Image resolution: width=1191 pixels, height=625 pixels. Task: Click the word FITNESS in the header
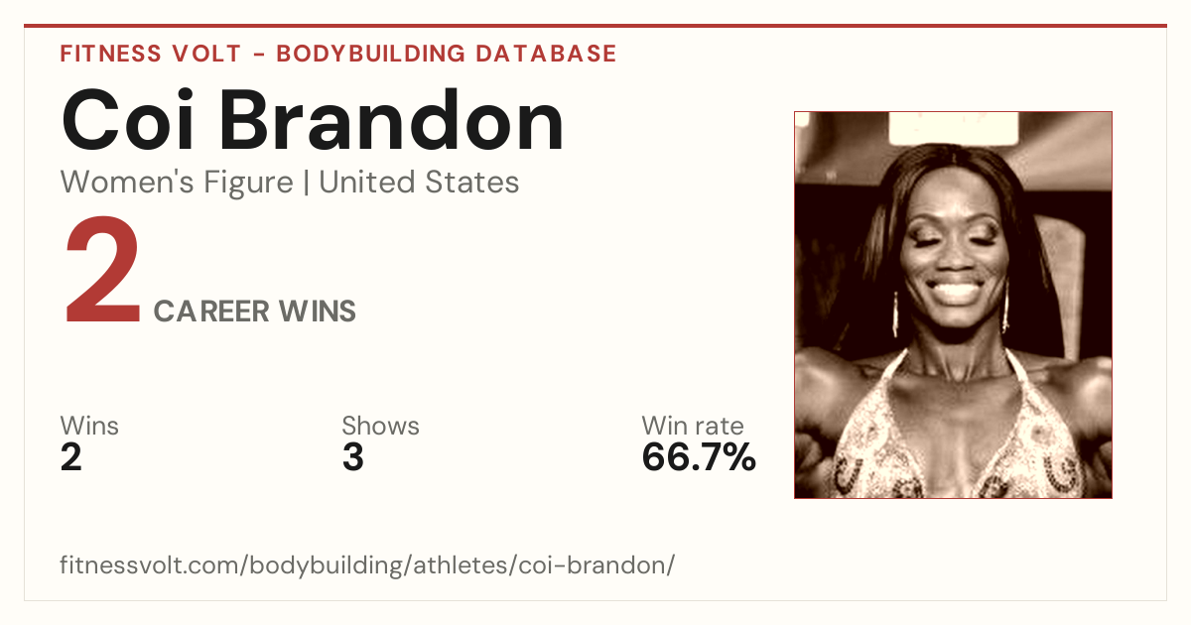110,54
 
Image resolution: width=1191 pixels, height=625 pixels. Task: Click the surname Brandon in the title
392,120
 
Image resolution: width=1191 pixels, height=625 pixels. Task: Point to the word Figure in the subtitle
248,184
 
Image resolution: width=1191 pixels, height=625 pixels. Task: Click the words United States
419,183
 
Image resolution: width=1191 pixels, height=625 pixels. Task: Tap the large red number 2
102,270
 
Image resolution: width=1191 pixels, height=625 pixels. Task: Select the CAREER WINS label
255,312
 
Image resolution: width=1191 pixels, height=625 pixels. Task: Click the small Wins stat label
89,426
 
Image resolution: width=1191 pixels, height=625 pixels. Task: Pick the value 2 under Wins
71,457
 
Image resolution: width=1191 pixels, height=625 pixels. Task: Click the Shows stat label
381,426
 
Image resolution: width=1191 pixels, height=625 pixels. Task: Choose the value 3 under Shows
353,457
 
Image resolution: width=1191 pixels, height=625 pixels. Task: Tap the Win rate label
693,426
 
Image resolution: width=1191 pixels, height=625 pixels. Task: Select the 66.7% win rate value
699,457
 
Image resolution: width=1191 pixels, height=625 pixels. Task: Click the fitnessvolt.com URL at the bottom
367,565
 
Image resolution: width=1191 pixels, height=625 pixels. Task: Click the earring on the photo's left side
895,314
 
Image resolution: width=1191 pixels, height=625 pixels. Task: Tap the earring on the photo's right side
1005,309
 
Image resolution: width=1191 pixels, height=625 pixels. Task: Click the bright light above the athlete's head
954,128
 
